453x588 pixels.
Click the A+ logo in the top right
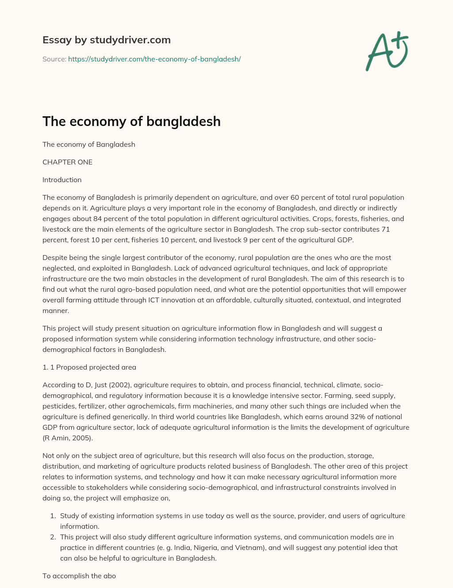click(387, 51)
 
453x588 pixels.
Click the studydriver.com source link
click(154, 59)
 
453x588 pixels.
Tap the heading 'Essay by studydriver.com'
click(106, 40)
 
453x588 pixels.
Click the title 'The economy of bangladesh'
click(131, 121)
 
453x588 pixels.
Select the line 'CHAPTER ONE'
click(67, 162)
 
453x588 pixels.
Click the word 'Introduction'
click(62, 179)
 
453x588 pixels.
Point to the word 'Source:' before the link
click(54, 59)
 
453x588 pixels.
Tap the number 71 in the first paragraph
click(385, 229)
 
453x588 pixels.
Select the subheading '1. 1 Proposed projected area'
click(89, 367)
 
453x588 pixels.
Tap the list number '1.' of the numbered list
click(52, 515)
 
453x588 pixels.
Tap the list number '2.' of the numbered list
click(52, 537)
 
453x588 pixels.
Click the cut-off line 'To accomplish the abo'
click(79, 576)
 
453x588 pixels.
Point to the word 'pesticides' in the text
click(59, 406)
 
